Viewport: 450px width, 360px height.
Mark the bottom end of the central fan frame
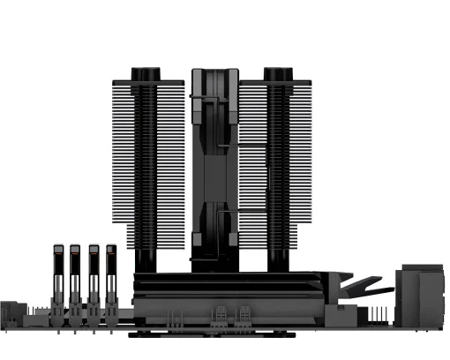tap(212, 265)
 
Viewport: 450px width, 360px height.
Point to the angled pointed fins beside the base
tap(362, 287)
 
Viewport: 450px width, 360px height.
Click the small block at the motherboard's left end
tap(14, 311)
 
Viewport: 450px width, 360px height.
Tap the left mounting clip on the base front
tap(218, 314)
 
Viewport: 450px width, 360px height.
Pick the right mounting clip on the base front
tap(241, 314)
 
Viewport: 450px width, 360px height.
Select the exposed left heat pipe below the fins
tap(144, 260)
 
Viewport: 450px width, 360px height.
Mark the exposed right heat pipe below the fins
tap(279, 260)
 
